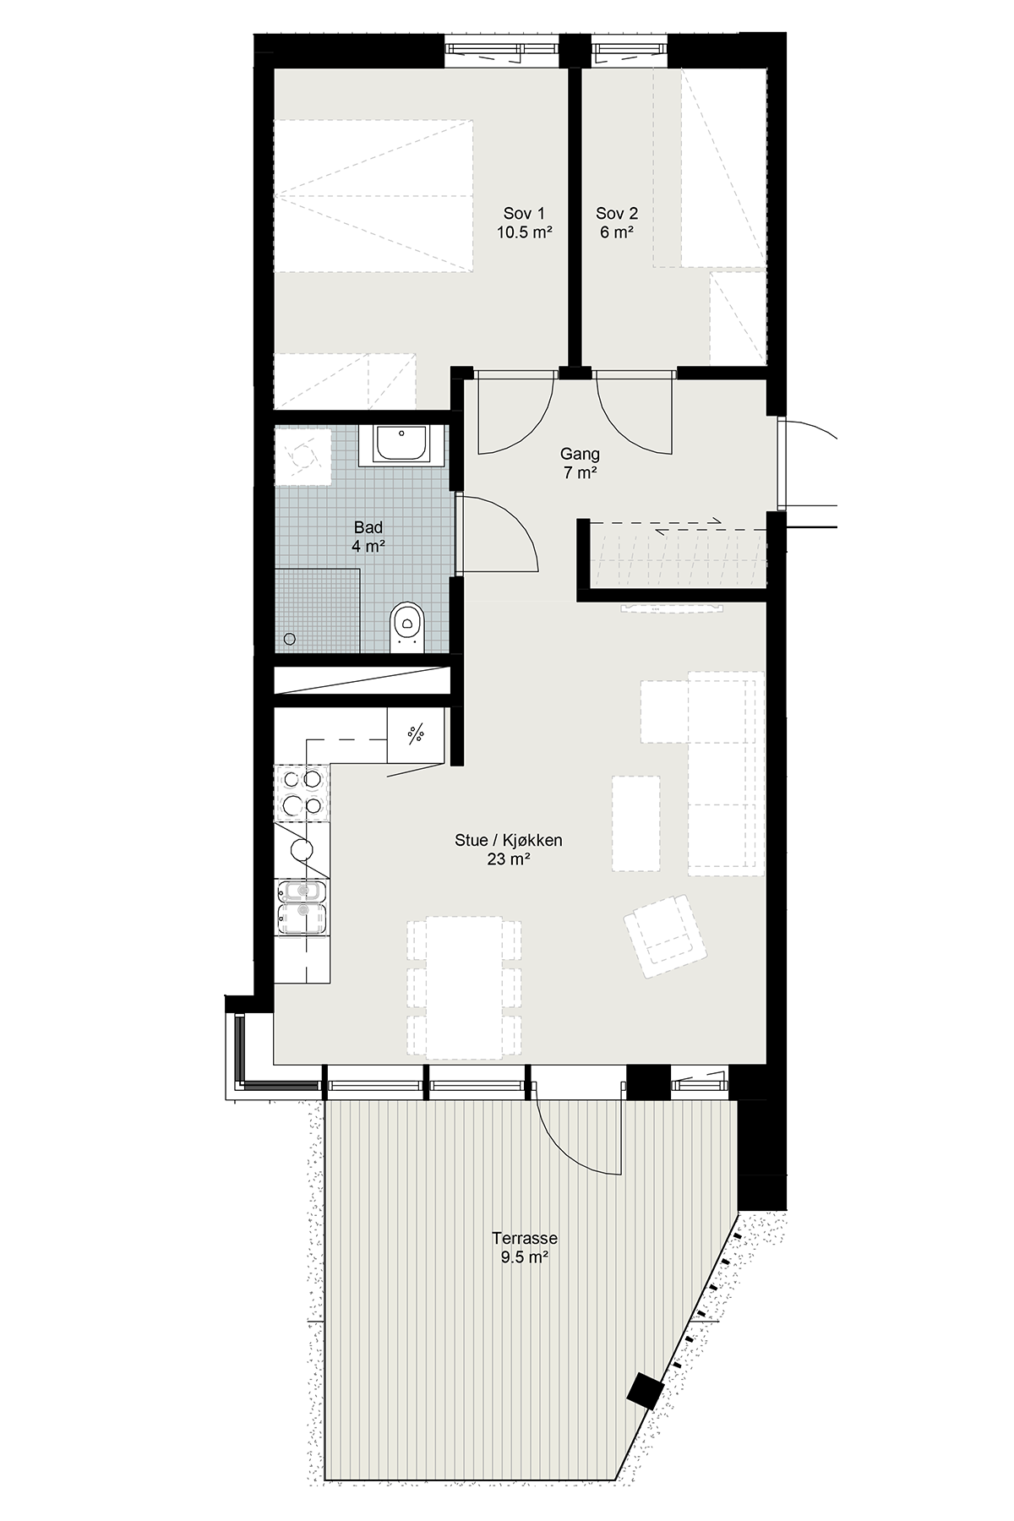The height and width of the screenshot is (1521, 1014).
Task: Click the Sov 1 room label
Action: pos(524,214)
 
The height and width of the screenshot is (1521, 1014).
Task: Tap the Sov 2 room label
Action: pos(617,214)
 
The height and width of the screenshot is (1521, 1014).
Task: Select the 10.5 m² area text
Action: pos(524,232)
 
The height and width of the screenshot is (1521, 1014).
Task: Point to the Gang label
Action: pos(581,455)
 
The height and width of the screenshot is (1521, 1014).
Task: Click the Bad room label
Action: pos(368,528)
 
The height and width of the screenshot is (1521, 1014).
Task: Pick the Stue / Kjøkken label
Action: pos(509,841)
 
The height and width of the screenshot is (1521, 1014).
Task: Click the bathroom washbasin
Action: pos(402,444)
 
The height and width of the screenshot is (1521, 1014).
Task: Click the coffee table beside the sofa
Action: pos(635,824)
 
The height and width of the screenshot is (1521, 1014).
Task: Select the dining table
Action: pos(464,988)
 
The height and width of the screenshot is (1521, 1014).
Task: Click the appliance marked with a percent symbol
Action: pos(415,734)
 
